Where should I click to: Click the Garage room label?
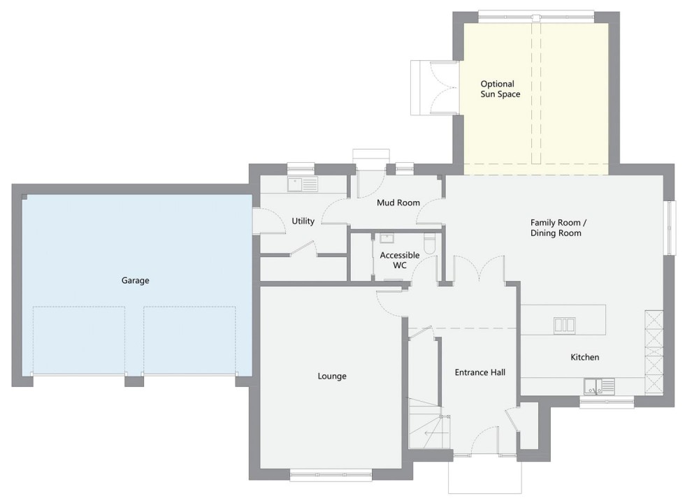click(135, 280)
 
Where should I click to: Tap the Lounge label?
click(332, 376)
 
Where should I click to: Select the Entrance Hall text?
click(480, 372)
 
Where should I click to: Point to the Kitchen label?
click(584, 357)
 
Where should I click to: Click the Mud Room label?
click(398, 203)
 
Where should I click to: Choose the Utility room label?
click(303, 221)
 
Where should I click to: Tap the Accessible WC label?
click(400, 260)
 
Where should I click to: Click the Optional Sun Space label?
click(500, 89)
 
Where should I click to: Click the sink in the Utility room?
click(302, 184)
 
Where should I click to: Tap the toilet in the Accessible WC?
click(429, 245)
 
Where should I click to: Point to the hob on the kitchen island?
click(565, 326)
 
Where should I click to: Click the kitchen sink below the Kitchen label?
click(600, 386)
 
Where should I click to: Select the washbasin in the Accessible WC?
click(387, 238)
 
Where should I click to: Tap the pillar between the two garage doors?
click(134, 380)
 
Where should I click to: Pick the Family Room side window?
click(669, 228)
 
